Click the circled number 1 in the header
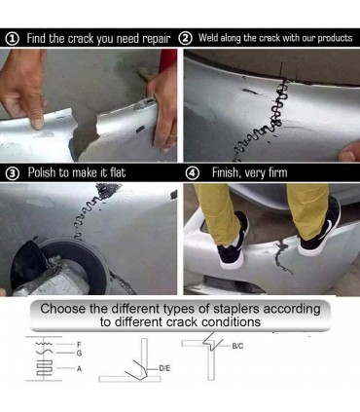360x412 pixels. tap(12, 39)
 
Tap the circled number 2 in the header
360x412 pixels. tap(185, 38)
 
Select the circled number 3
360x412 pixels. tap(13, 173)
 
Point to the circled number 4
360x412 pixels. tap(194, 173)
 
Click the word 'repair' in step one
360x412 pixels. tap(157, 39)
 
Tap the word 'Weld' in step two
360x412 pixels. tap(208, 38)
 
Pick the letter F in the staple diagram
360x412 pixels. tap(79, 344)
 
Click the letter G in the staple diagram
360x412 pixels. tap(79, 353)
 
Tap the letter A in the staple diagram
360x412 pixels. tap(79, 369)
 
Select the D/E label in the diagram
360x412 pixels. tap(164, 369)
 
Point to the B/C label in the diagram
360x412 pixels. tap(237, 346)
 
